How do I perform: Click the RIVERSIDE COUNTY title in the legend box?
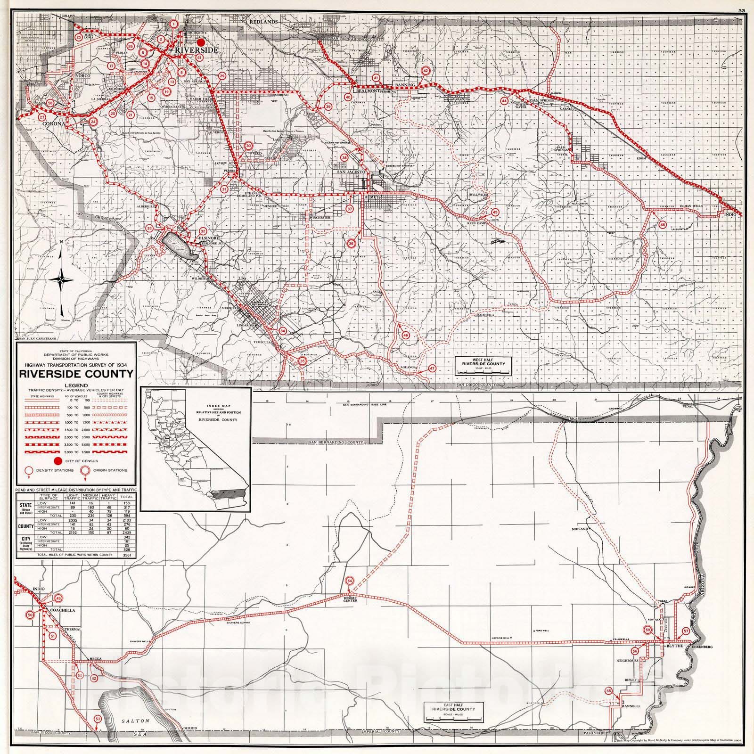pos(76,374)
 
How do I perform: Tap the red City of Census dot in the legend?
pos(58,460)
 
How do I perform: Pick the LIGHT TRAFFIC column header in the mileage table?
pos(73,497)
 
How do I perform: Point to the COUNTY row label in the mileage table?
pos(25,526)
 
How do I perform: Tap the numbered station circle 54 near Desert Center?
pos(349,581)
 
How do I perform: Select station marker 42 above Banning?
pos(426,71)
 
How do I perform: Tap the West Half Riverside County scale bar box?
pos(484,366)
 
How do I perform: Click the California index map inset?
pos(196,449)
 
